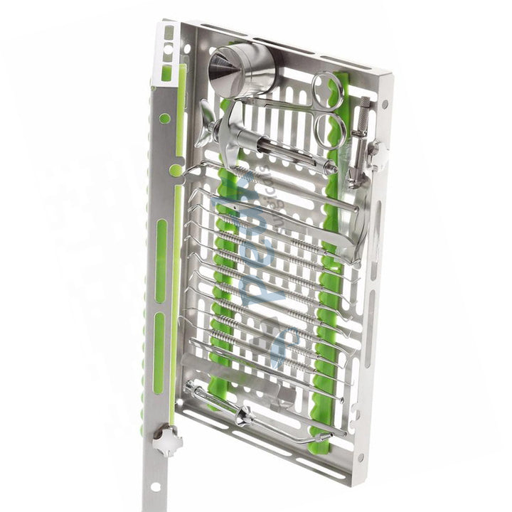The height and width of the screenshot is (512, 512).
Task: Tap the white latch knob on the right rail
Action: click(x=376, y=154)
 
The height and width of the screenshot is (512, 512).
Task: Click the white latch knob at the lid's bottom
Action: click(x=168, y=441)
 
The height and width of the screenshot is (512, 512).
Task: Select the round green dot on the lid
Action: click(x=176, y=170)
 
